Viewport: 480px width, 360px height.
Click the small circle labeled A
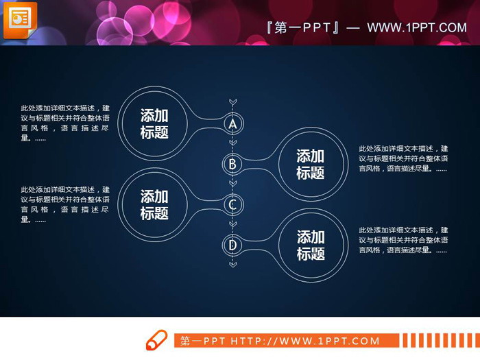[x=232, y=124]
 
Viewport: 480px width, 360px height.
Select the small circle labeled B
[x=232, y=164]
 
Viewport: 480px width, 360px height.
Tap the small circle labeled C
[x=232, y=204]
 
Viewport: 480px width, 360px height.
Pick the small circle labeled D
[x=232, y=245]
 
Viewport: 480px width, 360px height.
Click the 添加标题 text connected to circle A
[x=154, y=124]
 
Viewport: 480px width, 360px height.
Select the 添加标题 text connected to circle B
[x=310, y=165]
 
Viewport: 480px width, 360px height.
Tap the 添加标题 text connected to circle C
[x=154, y=205]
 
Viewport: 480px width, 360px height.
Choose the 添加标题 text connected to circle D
[x=310, y=245]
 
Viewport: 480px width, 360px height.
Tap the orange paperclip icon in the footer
[x=156, y=340]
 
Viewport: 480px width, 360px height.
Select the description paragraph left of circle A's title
[x=65, y=123]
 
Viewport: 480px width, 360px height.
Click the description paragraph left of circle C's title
[x=65, y=204]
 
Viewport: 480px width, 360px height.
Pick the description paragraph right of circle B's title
[x=403, y=158]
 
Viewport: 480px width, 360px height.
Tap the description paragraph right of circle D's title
[x=403, y=240]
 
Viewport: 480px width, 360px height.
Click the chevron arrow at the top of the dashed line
[x=232, y=102]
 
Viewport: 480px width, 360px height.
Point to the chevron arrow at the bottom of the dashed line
[x=232, y=264]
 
